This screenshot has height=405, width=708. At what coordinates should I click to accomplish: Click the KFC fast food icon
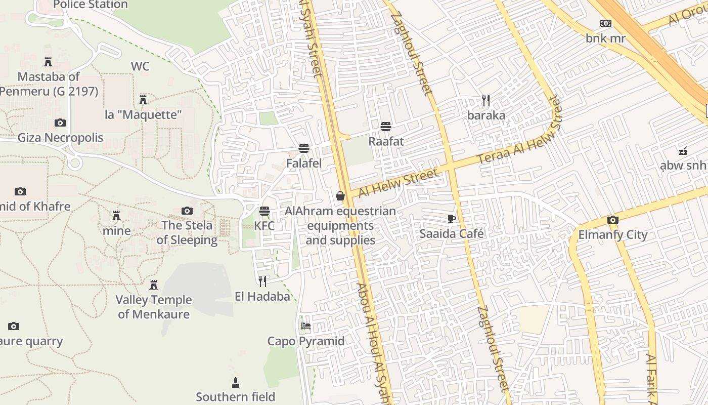(264, 211)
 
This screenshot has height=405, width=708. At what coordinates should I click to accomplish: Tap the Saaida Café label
(452, 234)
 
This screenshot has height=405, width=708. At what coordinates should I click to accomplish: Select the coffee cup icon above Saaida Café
(452, 219)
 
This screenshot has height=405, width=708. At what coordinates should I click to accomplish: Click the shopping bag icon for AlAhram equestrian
(340, 196)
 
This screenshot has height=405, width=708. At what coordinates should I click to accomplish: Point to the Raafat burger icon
(386, 126)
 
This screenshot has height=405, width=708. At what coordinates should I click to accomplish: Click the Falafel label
(304, 164)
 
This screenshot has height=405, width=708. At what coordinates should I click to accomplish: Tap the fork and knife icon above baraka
(486, 100)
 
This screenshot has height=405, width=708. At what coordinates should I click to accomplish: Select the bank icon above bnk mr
(605, 23)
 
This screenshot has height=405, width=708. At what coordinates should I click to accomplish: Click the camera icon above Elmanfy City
(613, 220)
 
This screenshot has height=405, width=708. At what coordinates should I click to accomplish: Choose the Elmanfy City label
(613, 235)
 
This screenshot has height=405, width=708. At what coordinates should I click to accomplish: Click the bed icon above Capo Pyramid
(306, 326)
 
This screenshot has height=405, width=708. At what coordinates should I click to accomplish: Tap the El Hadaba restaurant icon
(262, 281)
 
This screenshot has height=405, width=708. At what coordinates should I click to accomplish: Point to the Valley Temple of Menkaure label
(154, 307)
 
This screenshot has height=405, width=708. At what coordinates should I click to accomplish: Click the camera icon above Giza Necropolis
(60, 123)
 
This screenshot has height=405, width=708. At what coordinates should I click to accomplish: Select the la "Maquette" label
(143, 115)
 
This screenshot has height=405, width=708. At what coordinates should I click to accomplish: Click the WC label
(140, 67)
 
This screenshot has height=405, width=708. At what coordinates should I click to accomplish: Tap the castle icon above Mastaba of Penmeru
(48, 62)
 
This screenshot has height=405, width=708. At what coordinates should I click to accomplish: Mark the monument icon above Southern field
(236, 382)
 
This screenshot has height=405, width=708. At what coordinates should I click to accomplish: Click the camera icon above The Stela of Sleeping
(187, 211)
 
